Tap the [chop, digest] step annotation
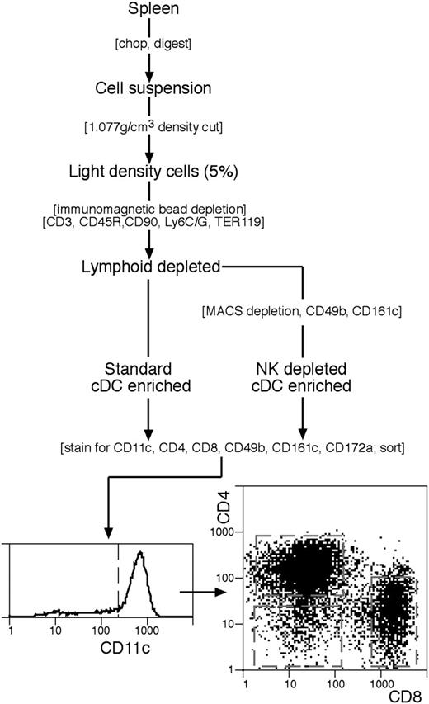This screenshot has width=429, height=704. pyautogui.click(x=150, y=42)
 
